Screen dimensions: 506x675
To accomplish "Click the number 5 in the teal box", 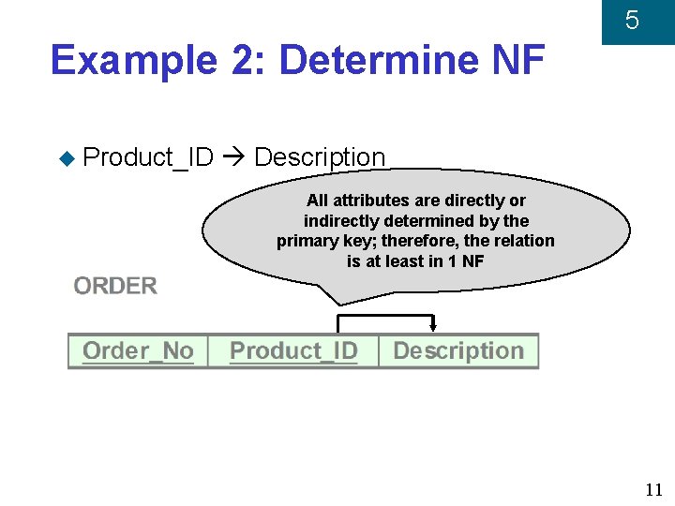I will click(x=632, y=21).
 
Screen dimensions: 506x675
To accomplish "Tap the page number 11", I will click(x=654, y=489).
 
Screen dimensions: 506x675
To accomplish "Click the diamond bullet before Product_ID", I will click(x=66, y=158).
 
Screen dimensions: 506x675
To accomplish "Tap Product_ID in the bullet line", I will click(x=148, y=157).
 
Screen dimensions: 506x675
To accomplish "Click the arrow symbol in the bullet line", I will click(x=234, y=157).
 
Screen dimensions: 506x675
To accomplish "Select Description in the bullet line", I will click(x=320, y=157).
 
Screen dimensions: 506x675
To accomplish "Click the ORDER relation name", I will click(x=115, y=286).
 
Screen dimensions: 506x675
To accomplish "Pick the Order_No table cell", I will click(x=138, y=351).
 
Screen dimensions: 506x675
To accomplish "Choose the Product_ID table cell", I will click(x=293, y=351).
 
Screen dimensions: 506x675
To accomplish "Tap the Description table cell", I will click(x=458, y=351).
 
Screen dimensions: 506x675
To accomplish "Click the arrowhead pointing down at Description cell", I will click(x=433, y=327).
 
